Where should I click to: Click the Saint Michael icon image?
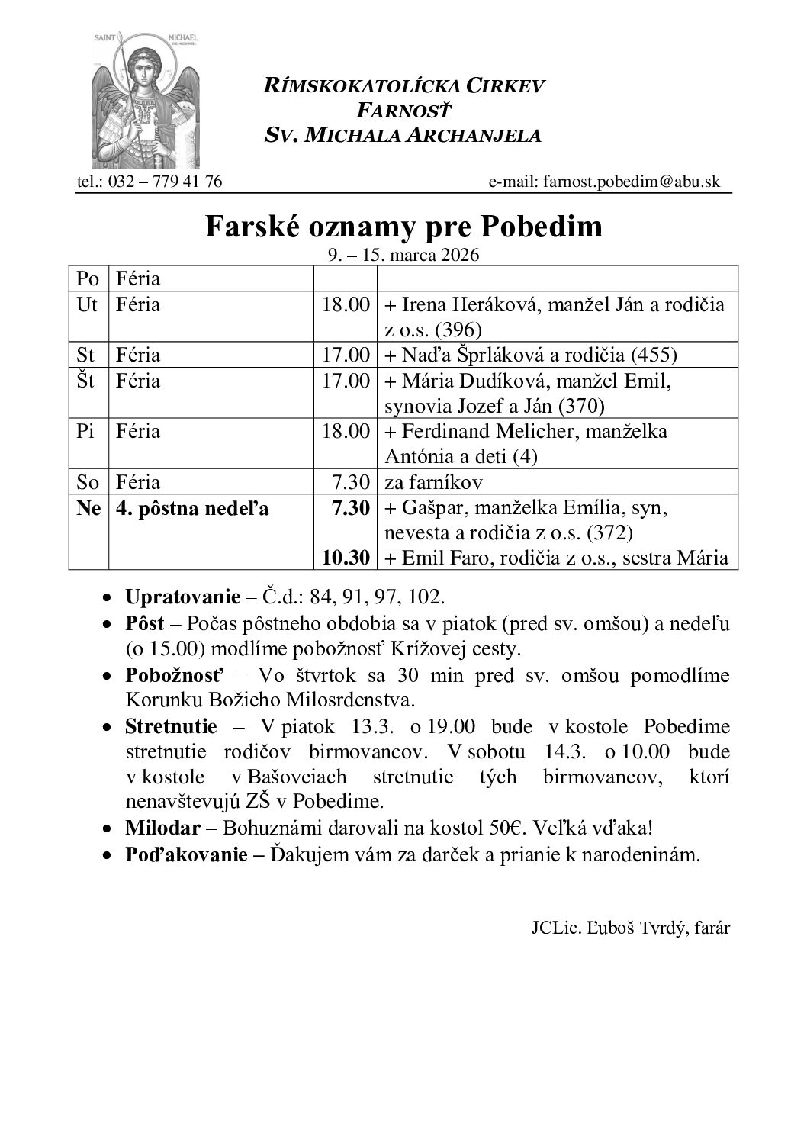click(x=146, y=98)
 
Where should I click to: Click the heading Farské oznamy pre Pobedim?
click(x=403, y=227)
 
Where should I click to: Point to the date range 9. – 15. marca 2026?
click(x=403, y=255)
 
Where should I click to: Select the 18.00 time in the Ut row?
click(x=346, y=304)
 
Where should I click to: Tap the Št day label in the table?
click(x=86, y=380)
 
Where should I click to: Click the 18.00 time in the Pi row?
click(x=346, y=431)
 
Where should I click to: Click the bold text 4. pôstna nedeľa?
click(x=192, y=507)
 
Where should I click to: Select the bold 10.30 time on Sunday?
click(x=346, y=558)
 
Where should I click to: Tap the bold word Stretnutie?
click(x=171, y=727)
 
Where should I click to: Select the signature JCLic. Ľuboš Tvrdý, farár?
click(x=631, y=928)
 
